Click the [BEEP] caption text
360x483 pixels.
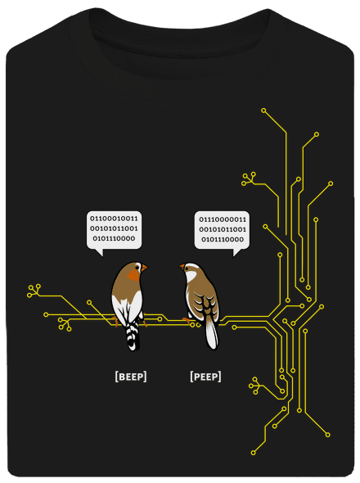click(x=131, y=377)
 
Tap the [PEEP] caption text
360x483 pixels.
click(x=205, y=377)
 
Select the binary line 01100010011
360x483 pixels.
click(x=114, y=219)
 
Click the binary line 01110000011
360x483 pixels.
click(x=223, y=219)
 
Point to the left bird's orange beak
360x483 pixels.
click(x=144, y=268)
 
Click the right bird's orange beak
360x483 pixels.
click(x=182, y=266)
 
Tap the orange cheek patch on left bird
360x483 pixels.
click(x=134, y=275)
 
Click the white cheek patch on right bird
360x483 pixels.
click(x=191, y=275)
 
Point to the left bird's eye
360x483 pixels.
click(x=139, y=265)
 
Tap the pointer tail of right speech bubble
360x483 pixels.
click(x=236, y=251)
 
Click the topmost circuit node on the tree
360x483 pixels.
click(x=263, y=111)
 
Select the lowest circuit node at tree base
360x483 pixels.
click(x=253, y=453)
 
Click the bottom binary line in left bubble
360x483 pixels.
click(x=114, y=238)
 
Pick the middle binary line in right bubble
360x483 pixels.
click(x=223, y=229)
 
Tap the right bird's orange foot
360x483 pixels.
click(x=187, y=321)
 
